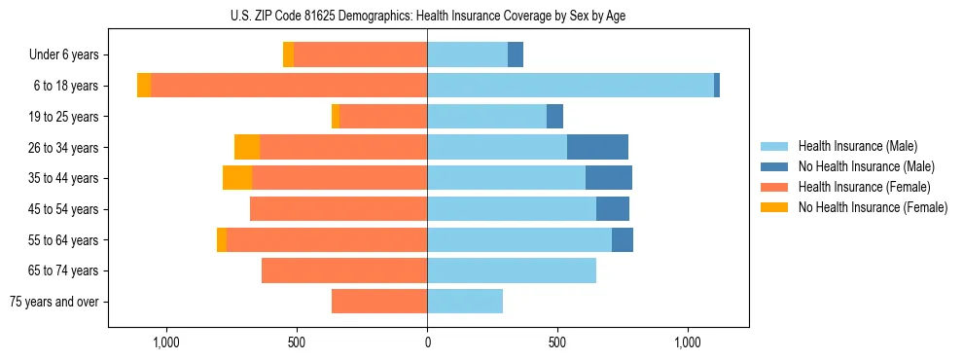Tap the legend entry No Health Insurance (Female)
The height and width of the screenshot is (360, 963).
tap(873, 207)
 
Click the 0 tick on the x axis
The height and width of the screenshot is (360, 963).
tap(427, 342)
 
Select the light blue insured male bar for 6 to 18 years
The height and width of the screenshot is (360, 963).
tap(570, 86)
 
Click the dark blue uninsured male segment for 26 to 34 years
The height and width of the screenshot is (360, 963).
tap(597, 148)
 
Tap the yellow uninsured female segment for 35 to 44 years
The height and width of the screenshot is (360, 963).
tap(237, 178)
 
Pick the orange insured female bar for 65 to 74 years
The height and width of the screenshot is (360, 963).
tap(344, 270)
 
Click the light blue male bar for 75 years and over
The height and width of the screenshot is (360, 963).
tap(465, 302)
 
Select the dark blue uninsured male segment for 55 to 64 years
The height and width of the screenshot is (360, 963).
tap(623, 239)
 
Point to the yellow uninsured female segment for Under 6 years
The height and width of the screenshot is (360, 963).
tap(288, 55)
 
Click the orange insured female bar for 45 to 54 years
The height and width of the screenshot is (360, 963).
tap(339, 209)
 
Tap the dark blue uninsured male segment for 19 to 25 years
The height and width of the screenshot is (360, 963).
tap(554, 117)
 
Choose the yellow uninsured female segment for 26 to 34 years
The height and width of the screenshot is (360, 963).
tap(247, 148)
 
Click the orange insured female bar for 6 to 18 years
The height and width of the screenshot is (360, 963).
tap(289, 86)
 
